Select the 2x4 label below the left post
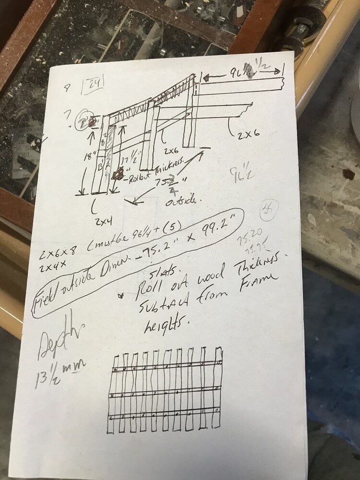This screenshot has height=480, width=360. tap(103, 220)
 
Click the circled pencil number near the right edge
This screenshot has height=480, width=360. tap(266, 210)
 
